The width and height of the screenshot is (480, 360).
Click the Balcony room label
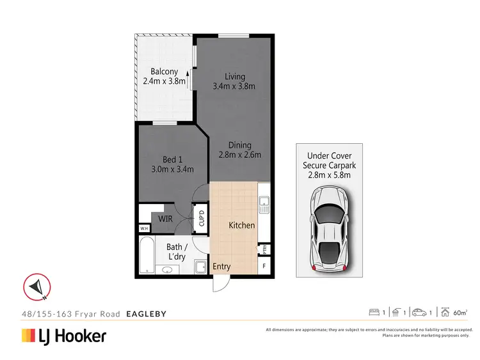pos(164,72)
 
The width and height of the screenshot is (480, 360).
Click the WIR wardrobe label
pos(166,219)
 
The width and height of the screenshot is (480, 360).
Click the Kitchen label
pos(242,225)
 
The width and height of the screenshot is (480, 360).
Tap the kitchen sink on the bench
pos(263,205)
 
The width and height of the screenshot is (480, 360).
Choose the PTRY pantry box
pos(263,249)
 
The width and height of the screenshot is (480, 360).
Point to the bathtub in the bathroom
pos(146,256)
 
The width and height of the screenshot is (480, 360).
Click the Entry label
pos(221,267)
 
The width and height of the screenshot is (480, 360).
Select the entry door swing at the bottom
pos(220,283)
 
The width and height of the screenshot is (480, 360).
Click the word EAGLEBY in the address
pos(147,314)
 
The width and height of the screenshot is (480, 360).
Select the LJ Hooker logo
pos(64,336)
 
